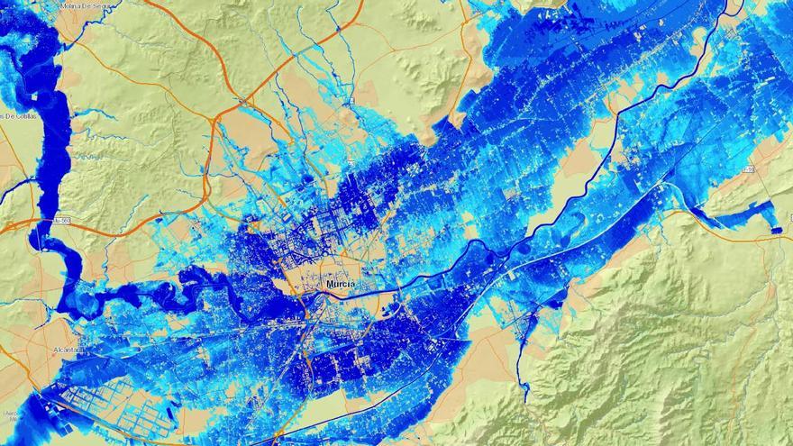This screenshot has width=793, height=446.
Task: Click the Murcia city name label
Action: point(340,285)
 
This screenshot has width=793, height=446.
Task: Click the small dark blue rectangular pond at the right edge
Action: point(777,232)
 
